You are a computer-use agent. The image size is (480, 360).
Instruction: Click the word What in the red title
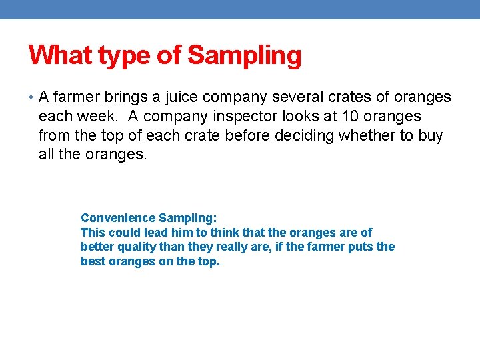tap(61, 55)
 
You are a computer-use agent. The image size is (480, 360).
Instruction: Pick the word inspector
tap(254, 117)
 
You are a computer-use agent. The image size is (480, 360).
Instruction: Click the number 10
tap(351, 117)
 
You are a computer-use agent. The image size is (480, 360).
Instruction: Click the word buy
tap(429, 136)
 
